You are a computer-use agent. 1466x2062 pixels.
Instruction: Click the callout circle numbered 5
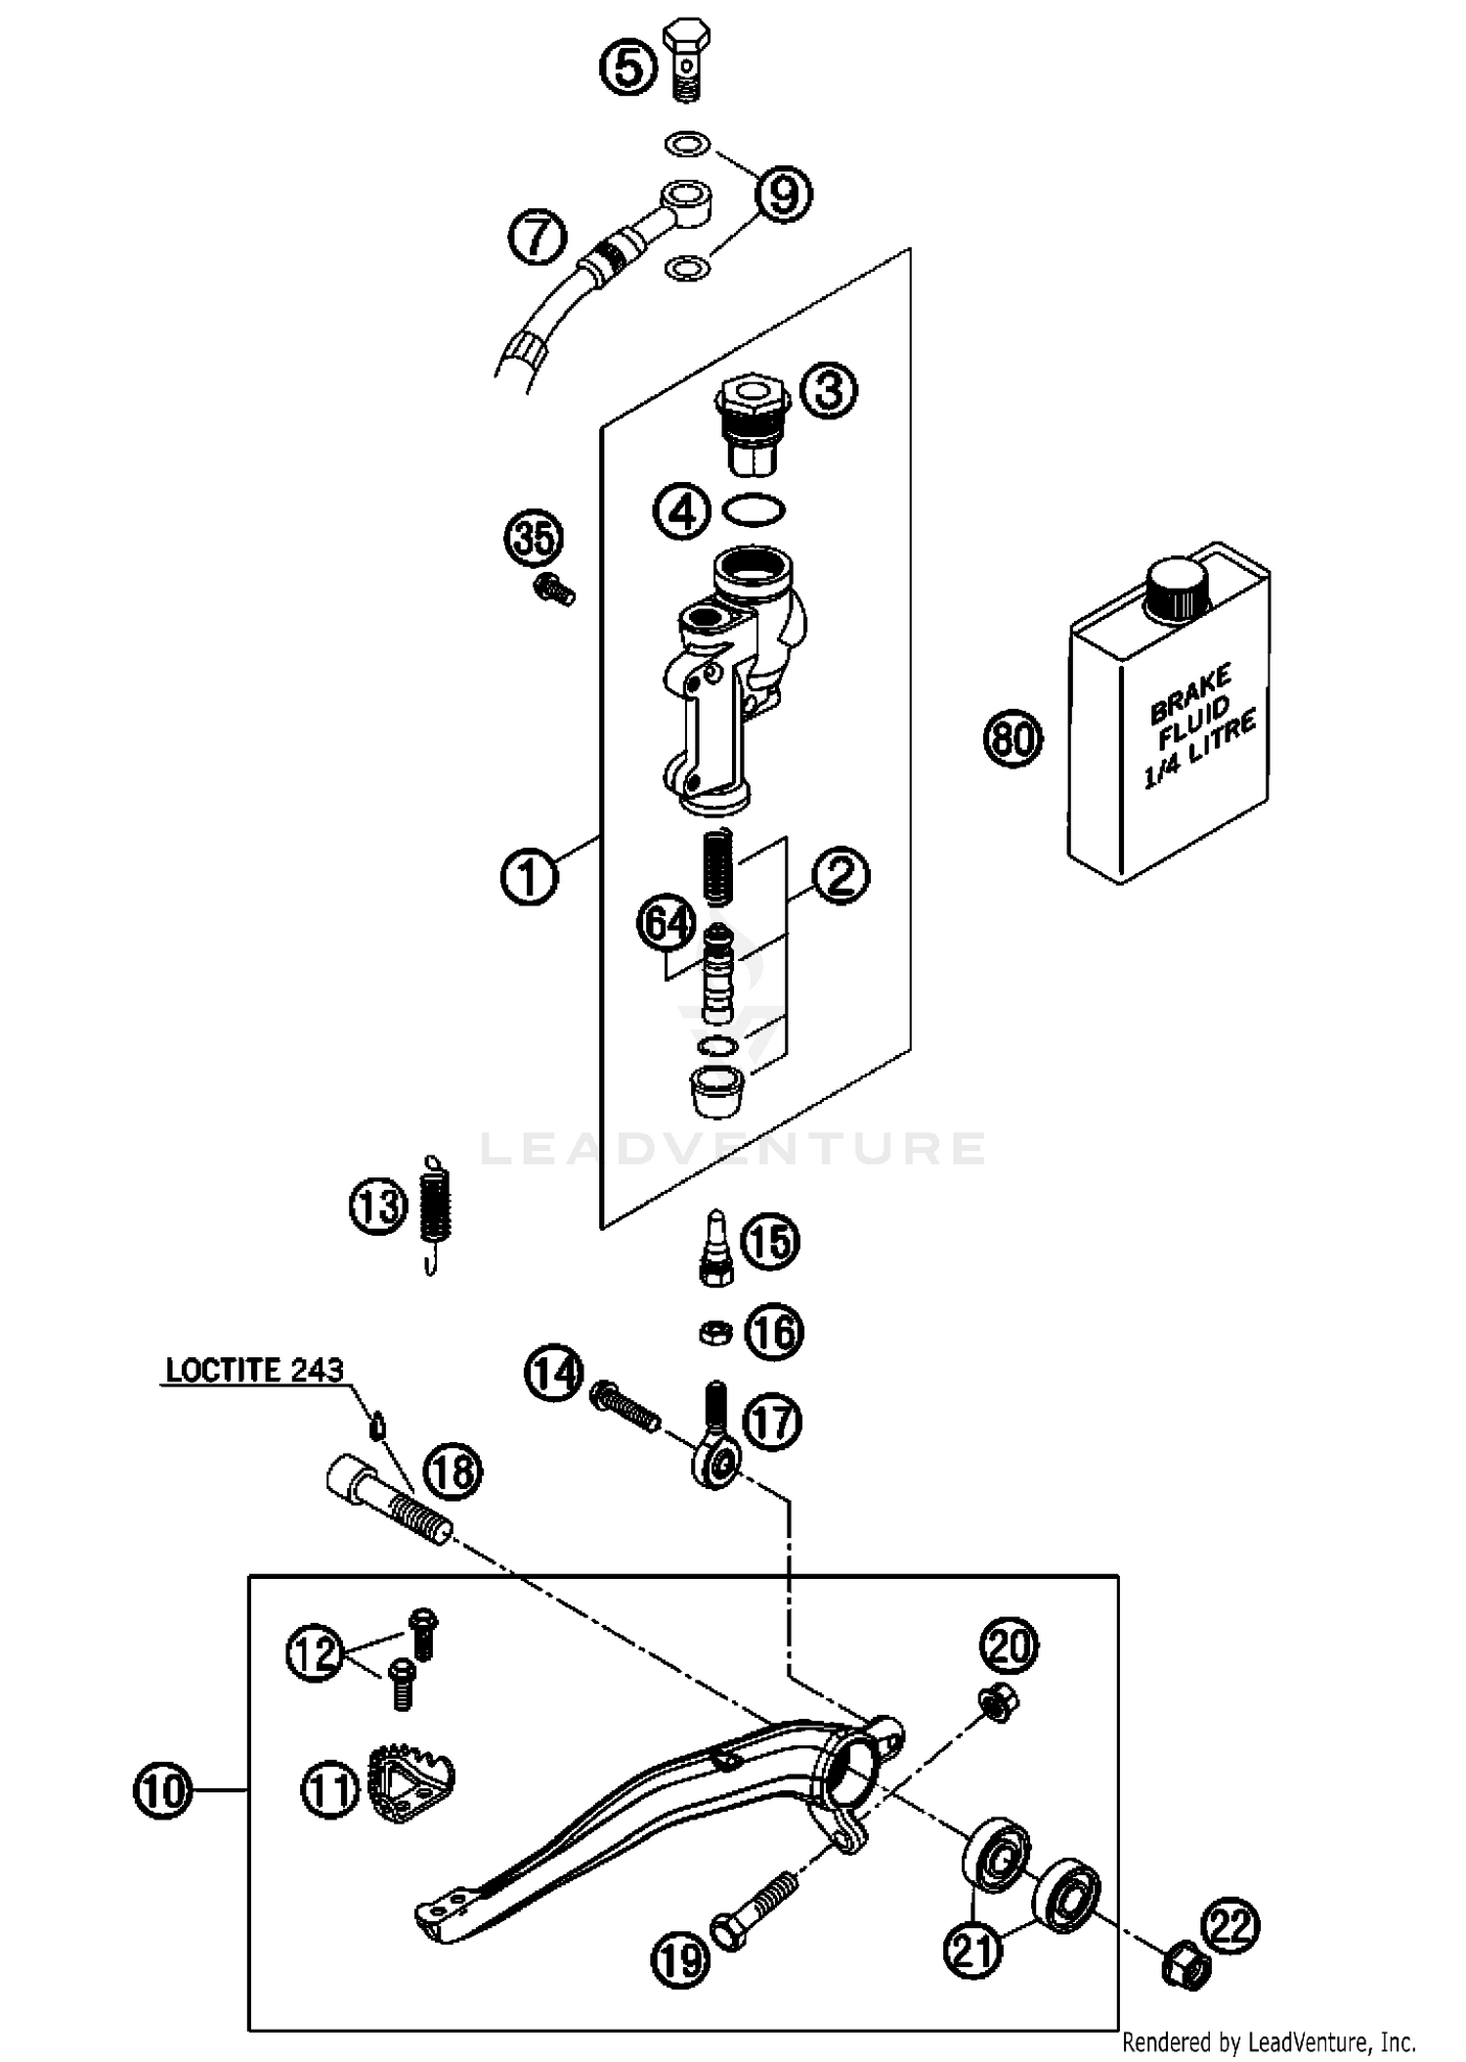627,68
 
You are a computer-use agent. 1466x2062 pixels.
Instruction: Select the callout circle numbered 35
535,539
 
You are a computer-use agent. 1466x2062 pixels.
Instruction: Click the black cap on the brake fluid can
1179,590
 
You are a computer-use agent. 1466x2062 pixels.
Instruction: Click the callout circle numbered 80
1013,738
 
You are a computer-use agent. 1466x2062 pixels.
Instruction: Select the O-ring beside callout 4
754,509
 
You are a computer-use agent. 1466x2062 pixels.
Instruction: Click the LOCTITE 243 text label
254,1370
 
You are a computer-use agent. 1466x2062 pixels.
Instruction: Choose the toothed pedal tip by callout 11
410,1784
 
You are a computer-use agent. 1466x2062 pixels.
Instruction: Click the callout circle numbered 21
973,1950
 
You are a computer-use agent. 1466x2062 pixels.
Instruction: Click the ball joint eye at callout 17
714,1462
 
